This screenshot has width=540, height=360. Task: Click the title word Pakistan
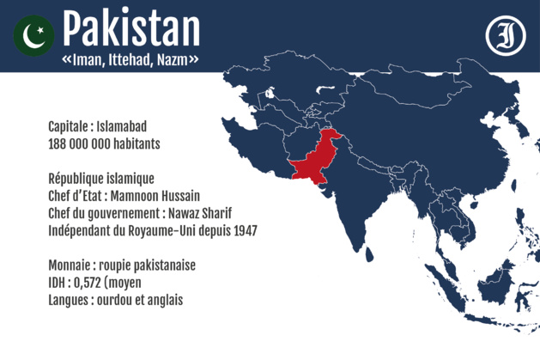tap(131, 29)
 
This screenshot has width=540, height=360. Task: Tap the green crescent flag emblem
tap(34, 35)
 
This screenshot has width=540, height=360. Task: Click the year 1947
tap(243, 230)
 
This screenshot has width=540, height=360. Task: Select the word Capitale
tap(71, 127)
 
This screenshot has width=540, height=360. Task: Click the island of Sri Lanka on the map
tap(372, 253)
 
